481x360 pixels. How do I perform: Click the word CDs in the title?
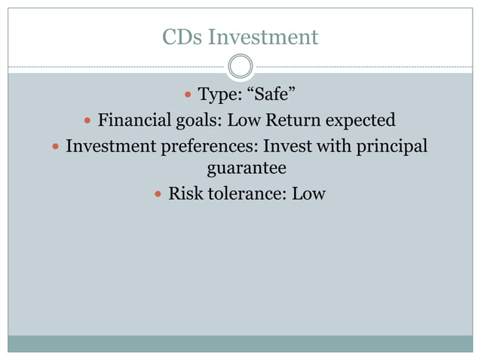pos(182,36)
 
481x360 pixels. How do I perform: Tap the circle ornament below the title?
pos(240,66)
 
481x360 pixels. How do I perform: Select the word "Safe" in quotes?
pos(271,95)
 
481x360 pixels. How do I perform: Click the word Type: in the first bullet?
pos(219,95)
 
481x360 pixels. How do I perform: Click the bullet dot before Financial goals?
pos(87,121)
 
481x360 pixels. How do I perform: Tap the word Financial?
pos(133,120)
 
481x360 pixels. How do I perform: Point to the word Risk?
pos(184,194)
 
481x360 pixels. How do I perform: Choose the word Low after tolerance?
pos(308,194)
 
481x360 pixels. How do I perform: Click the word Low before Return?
pos(243,120)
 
